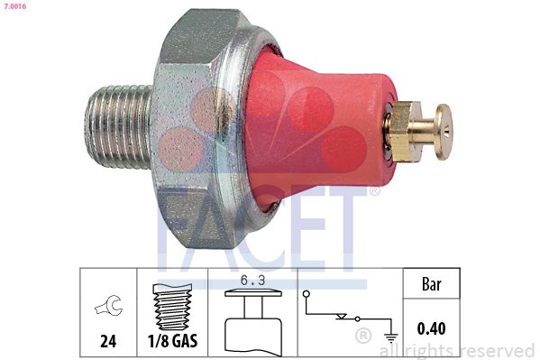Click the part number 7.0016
tap(15, 7)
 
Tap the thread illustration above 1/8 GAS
tap(171, 308)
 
